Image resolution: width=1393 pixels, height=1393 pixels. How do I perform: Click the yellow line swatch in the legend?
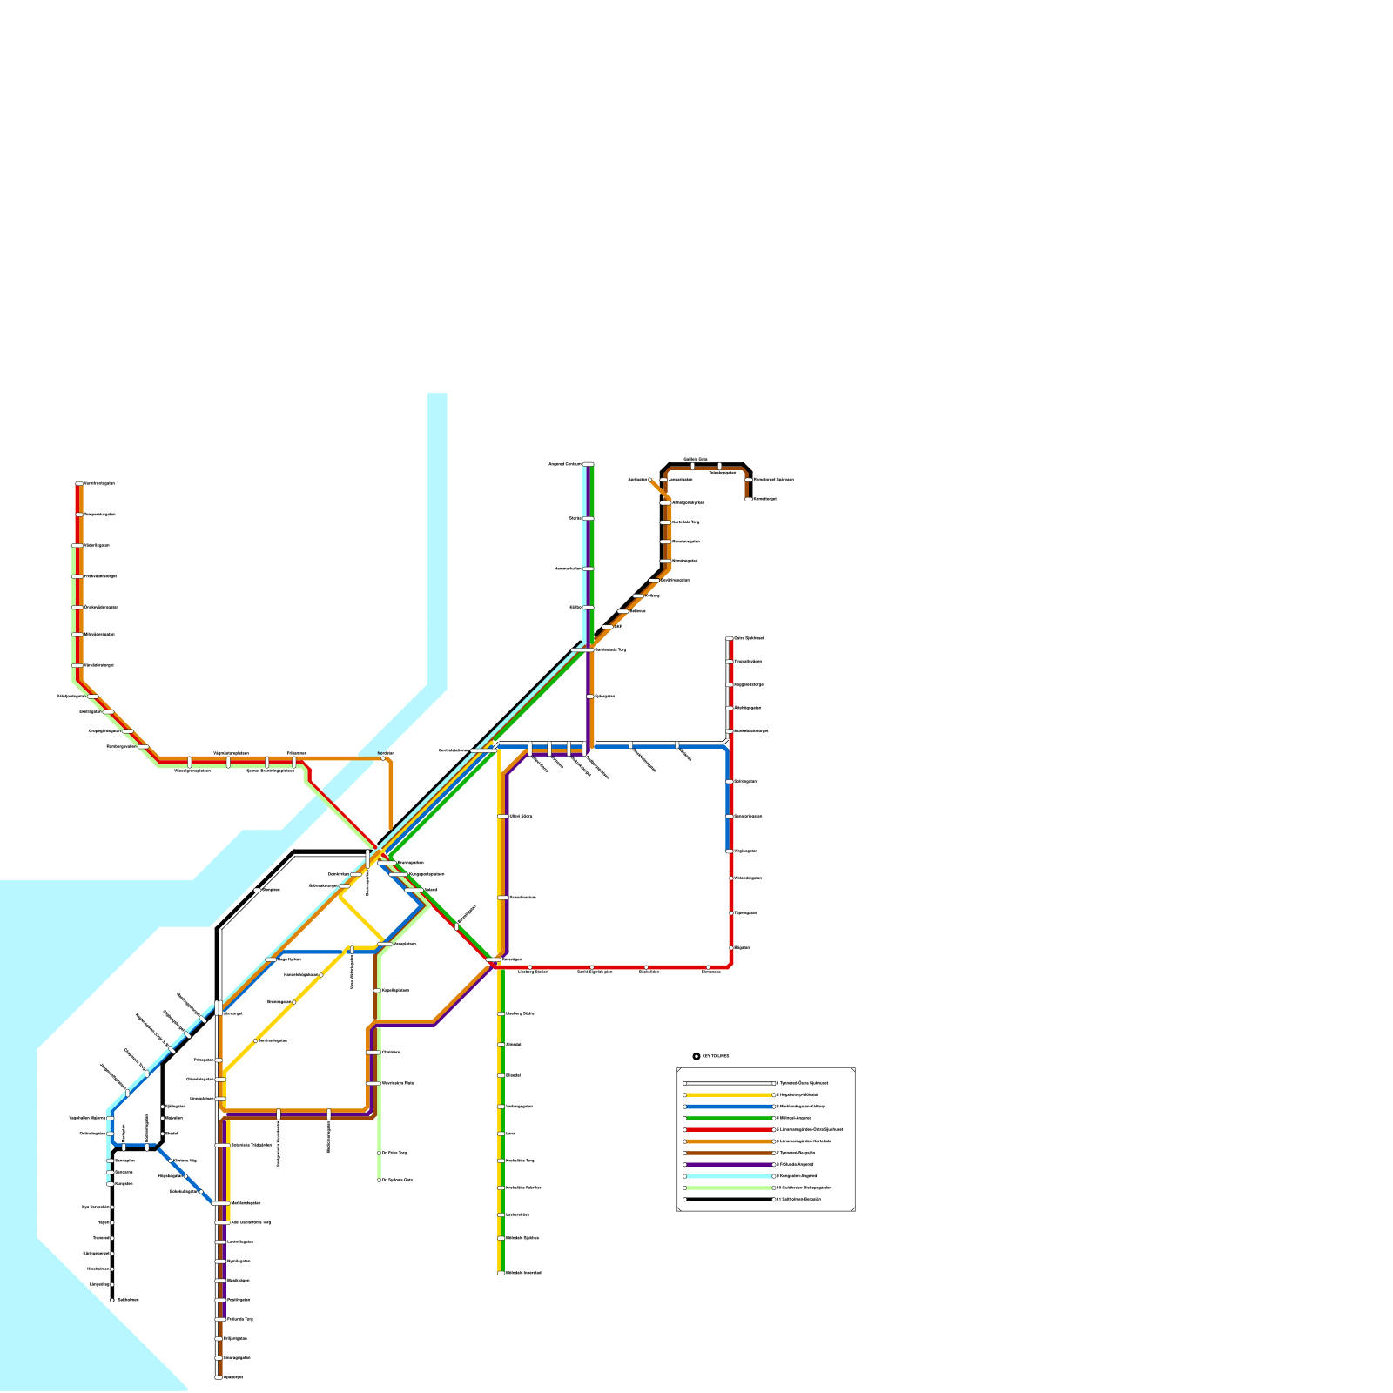pos(730,1095)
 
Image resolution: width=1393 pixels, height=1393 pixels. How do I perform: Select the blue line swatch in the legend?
pos(730,1107)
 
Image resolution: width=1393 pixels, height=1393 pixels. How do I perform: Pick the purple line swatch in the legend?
pos(730,1164)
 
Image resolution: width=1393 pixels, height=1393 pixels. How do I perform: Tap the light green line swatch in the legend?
pos(730,1188)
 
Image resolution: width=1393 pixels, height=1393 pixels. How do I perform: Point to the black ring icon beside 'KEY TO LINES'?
pos(696,1056)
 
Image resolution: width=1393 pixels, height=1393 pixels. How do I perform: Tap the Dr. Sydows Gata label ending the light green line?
pos(397,1180)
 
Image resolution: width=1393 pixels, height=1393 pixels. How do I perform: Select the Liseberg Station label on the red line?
pos(533,972)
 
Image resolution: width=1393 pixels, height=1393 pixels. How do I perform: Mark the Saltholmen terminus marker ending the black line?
pos(112,1300)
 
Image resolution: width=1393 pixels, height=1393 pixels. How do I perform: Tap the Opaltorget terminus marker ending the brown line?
pos(218,1377)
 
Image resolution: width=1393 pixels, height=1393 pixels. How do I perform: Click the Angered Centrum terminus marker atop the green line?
pos(589,464)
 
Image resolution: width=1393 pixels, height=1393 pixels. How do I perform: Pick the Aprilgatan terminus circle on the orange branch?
pos(649,480)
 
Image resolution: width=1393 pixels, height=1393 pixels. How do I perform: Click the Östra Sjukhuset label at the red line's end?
pos(750,638)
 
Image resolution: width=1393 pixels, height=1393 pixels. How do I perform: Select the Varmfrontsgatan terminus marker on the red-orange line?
pos(79,483)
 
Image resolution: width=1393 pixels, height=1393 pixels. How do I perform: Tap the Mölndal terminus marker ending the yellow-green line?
pos(501,1273)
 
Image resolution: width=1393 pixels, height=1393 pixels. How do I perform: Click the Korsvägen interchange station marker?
pos(493,959)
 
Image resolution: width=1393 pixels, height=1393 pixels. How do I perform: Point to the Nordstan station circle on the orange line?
pos(383,758)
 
